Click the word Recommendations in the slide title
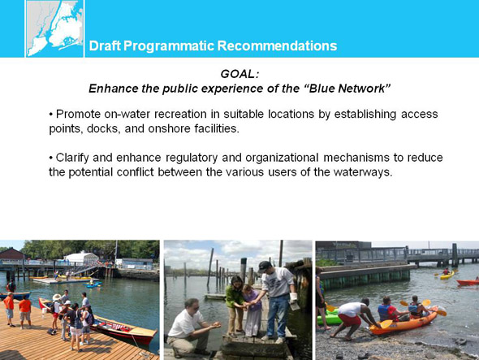coord(277,46)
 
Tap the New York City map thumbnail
coord(54,28)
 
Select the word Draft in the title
coord(105,46)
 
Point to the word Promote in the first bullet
coord(78,114)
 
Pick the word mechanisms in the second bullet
coord(356,158)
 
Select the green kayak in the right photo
coord(329,317)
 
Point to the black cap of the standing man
coord(264,266)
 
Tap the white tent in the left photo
coord(81,258)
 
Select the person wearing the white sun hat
coord(57,312)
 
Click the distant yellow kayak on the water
coord(447,275)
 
